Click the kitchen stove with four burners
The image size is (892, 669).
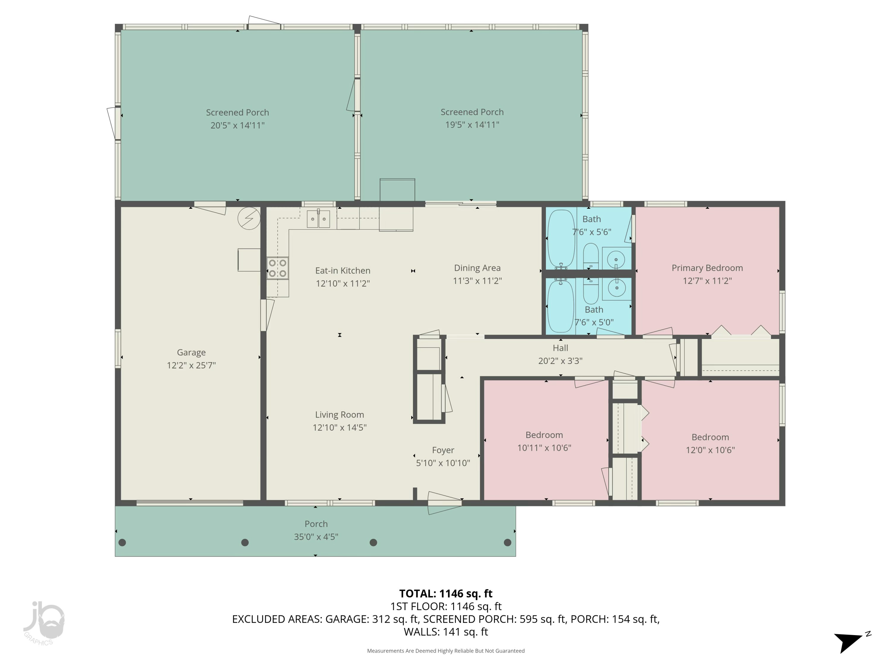277,268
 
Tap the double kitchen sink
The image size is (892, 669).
318,219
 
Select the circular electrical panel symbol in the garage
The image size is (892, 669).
249,219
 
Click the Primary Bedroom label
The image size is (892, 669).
707,268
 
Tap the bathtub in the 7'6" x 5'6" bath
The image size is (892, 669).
561,239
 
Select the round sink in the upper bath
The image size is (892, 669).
616,259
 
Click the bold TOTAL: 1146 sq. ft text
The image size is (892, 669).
446,593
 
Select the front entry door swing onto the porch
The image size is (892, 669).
444,503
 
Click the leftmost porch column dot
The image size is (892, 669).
122,542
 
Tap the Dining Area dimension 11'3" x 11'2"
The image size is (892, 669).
477,281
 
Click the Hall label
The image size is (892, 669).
560,348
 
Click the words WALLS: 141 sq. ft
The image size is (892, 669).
446,632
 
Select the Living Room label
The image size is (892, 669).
339,414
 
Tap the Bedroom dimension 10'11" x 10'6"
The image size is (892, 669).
544,447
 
